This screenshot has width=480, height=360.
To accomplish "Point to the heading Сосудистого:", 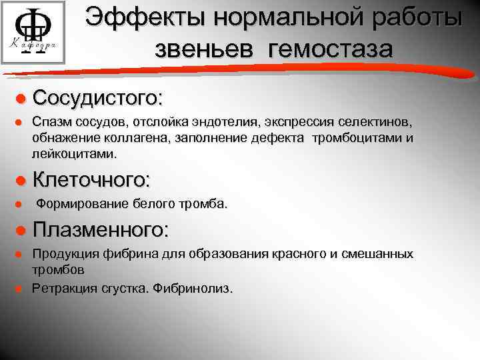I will click(97, 99).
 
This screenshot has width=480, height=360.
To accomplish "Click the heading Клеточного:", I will click(91, 180).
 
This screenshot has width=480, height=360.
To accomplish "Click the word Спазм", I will click(48, 123).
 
